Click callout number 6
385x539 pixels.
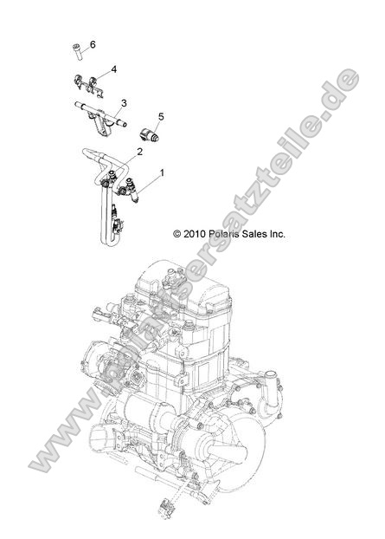[x=93, y=44]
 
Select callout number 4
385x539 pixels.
[x=114, y=68]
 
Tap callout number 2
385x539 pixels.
[x=138, y=152]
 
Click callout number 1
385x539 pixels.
[x=161, y=172]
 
